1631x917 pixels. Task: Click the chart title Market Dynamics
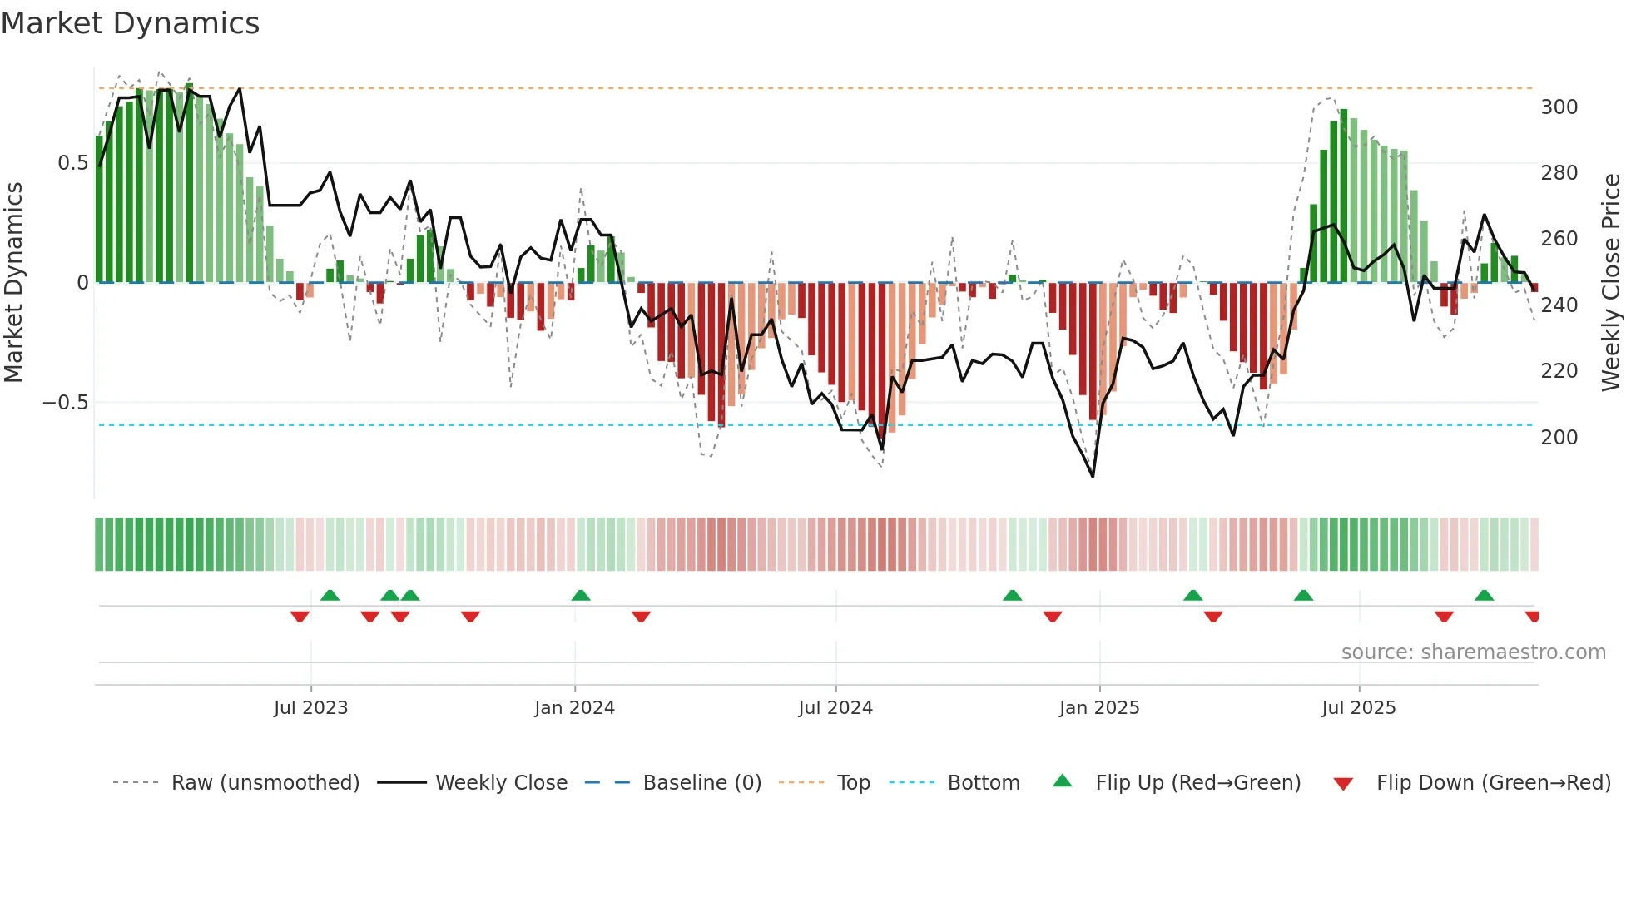131,23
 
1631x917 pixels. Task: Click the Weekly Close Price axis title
1612,283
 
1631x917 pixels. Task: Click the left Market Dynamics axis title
13,283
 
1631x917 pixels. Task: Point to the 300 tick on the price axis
1559,107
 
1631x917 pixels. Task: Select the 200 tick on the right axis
1559,437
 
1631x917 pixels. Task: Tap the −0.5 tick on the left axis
66,403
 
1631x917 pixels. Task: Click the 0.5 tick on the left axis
72,163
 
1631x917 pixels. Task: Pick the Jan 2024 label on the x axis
574,708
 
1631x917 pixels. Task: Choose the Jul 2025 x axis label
1358,708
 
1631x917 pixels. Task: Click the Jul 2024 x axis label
835,708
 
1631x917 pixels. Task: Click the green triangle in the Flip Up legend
1063,781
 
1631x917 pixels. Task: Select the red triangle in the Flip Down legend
1343,784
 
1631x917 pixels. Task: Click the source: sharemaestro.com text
1473,652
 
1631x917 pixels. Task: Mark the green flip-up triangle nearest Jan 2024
581,595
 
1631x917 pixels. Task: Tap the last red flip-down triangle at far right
1532,617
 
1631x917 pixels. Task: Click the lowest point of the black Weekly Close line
1093,476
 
